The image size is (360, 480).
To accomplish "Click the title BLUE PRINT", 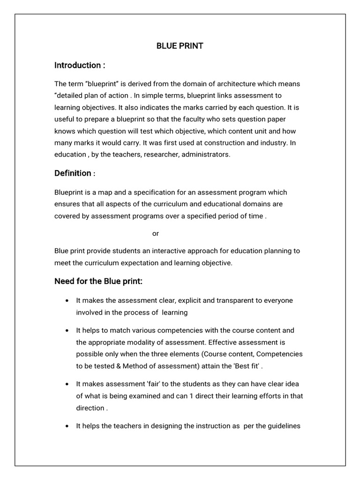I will click(180, 46).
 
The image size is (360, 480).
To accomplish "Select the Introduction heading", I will click(79, 65).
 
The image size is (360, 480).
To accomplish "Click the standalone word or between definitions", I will click(156, 233).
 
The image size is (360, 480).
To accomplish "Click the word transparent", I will click(231, 300).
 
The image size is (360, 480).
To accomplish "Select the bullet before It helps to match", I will click(68, 330).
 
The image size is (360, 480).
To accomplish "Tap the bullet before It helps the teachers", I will click(68, 426).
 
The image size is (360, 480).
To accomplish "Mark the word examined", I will click(143, 396).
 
